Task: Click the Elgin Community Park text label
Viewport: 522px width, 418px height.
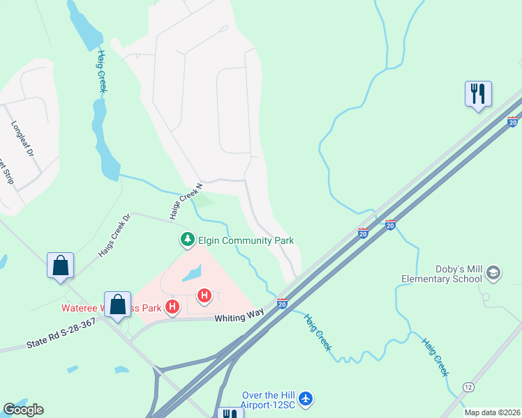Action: pos(246,241)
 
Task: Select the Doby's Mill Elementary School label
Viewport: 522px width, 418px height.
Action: pos(441,274)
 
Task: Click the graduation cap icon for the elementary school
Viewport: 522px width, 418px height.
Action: pos(494,272)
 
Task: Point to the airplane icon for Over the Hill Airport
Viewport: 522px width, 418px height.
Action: pos(306,398)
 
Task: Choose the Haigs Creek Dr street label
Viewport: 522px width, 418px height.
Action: pos(114,235)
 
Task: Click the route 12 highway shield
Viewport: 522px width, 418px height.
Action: pos(468,387)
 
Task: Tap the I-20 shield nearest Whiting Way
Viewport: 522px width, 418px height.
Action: pos(282,303)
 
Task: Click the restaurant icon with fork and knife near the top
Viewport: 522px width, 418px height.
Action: pos(478,93)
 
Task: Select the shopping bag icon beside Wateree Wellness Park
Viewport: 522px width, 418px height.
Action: pos(118,304)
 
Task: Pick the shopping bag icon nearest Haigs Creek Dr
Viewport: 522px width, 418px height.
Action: pos(61,265)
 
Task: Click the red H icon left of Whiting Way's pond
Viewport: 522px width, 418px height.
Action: pos(173,306)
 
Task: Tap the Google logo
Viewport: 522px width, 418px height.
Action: pos(23,410)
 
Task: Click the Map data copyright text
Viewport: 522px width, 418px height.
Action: pos(492,412)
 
